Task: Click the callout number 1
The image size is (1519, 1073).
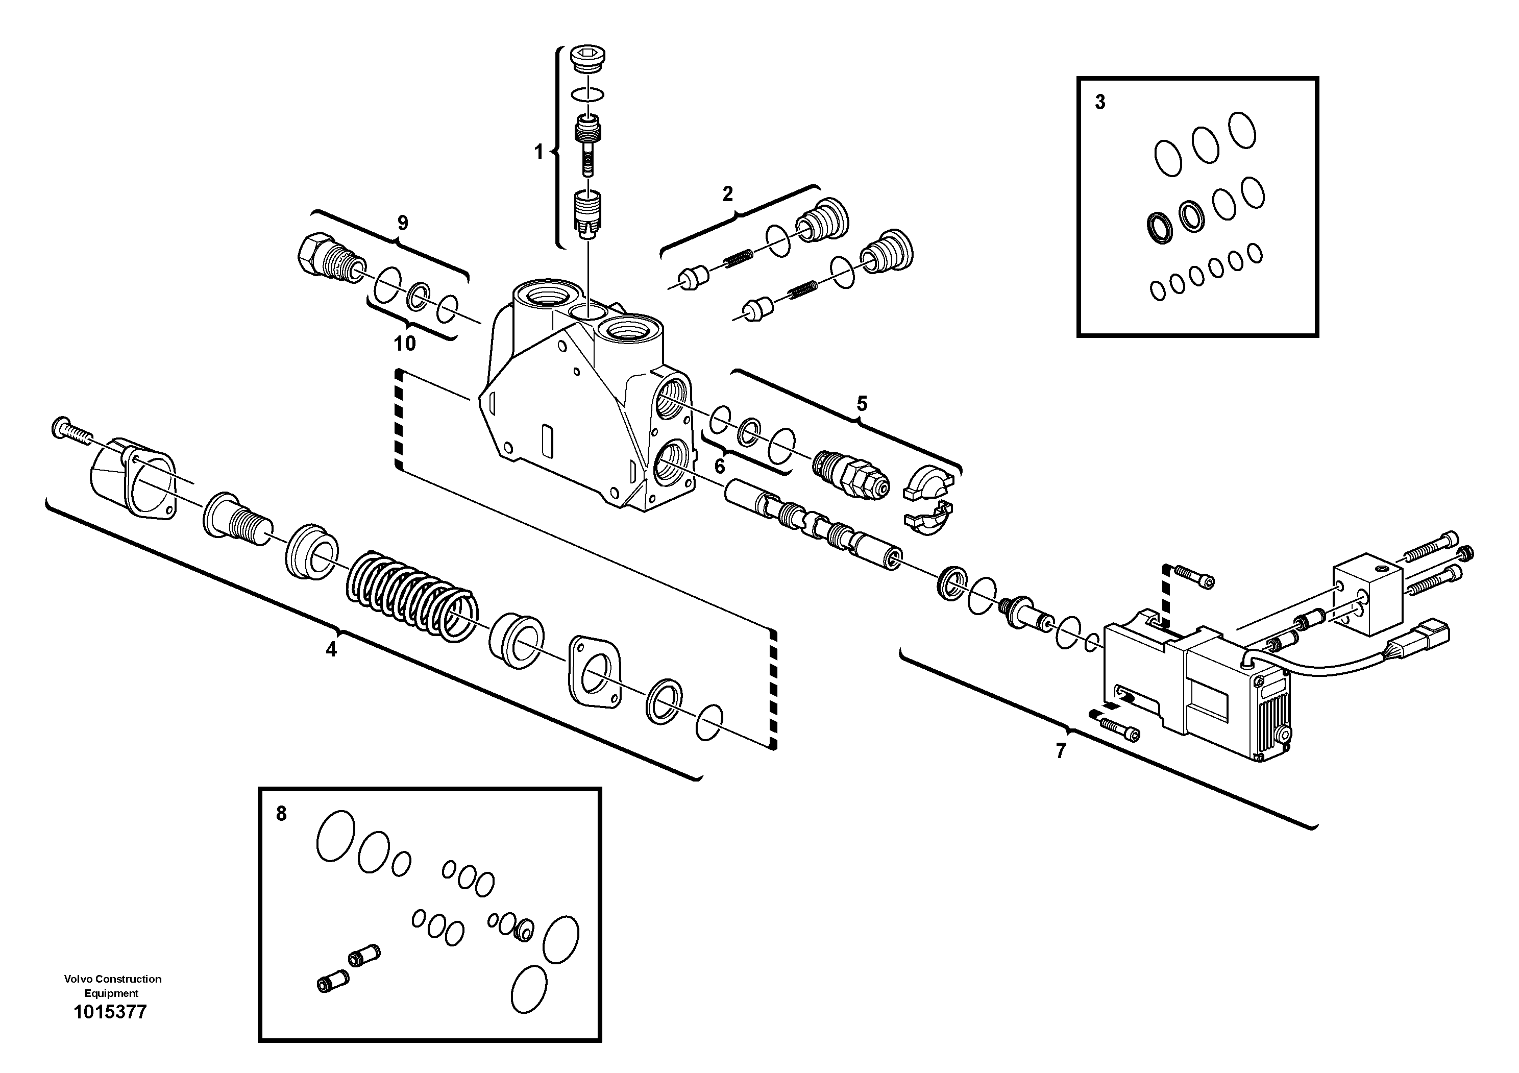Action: point(538,152)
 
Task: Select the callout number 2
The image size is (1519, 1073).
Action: point(727,194)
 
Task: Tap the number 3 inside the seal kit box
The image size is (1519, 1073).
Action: point(1099,103)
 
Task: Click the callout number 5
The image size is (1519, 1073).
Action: point(862,404)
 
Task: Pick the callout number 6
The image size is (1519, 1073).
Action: point(720,467)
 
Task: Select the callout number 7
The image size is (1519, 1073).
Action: point(1061,751)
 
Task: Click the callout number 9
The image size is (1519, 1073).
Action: point(402,223)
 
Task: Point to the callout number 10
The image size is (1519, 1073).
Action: point(405,344)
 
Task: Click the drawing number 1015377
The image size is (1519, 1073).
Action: point(110,1012)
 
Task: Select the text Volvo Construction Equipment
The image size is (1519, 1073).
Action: point(112,986)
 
